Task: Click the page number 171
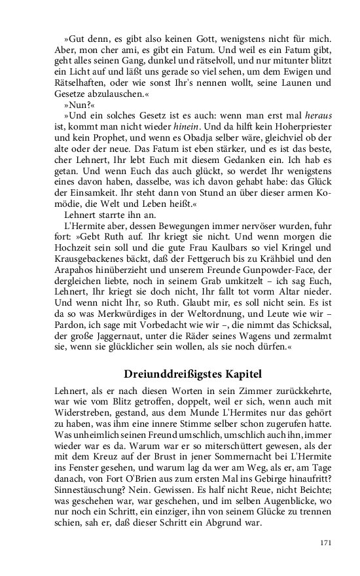click(x=327, y=543)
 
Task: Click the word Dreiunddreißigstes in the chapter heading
click(x=166, y=374)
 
